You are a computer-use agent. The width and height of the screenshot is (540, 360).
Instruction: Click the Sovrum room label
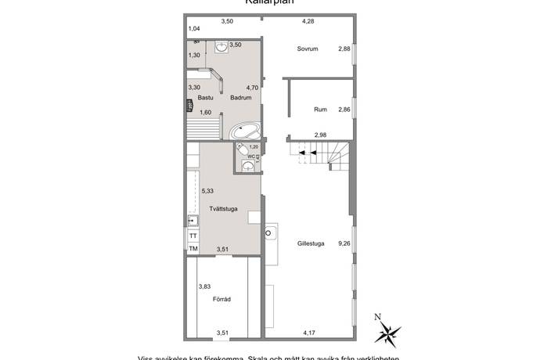click(306, 49)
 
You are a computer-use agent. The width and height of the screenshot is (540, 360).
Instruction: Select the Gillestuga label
click(311, 243)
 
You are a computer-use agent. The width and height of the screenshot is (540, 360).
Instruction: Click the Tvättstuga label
click(224, 208)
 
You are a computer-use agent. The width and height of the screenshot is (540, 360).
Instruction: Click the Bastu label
click(206, 98)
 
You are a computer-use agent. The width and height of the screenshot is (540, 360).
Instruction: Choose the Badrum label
click(240, 98)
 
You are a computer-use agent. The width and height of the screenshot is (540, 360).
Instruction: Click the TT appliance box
click(193, 236)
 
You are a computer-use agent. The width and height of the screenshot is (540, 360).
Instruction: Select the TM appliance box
click(193, 249)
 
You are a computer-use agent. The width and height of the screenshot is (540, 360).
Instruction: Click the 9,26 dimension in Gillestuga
click(344, 243)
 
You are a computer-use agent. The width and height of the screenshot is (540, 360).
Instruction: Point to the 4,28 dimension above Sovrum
click(309, 21)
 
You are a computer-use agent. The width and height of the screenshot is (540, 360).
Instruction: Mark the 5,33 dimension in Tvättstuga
click(207, 190)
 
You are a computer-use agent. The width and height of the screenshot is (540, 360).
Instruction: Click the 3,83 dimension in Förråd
click(204, 286)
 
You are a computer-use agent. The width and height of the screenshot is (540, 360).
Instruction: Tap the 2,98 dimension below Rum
click(320, 135)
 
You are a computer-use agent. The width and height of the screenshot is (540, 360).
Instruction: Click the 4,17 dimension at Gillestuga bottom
click(311, 333)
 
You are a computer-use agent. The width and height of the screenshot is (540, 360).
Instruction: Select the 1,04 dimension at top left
click(194, 29)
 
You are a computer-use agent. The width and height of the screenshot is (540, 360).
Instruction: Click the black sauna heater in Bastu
click(188, 107)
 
